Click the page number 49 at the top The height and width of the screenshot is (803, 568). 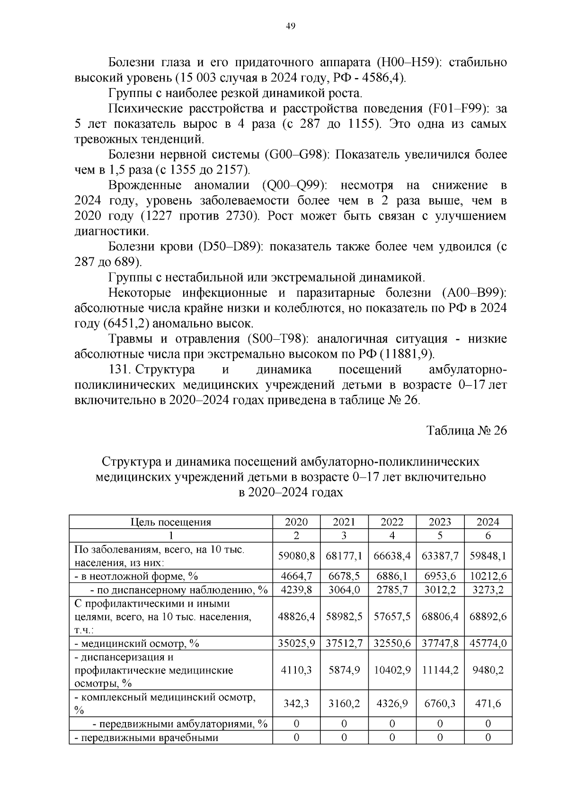tap(291, 26)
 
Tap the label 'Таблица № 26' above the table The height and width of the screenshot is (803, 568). tap(467, 431)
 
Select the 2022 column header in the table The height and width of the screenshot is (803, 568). tap(392, 522)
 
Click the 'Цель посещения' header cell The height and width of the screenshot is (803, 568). tap(171, 522)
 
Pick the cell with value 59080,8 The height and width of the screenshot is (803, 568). tap(296, 556)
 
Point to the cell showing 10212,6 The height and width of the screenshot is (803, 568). tap(488, 576)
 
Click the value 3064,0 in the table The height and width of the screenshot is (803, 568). tap(344, 590)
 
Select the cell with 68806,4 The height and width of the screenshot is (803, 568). tap(440, 617)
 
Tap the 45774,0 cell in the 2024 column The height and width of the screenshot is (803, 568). tap(488, 643)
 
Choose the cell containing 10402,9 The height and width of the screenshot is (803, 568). tap(392, 670)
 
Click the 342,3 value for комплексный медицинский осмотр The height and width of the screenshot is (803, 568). tap(296, 704)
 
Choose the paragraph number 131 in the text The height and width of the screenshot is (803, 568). tap(120, 370)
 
